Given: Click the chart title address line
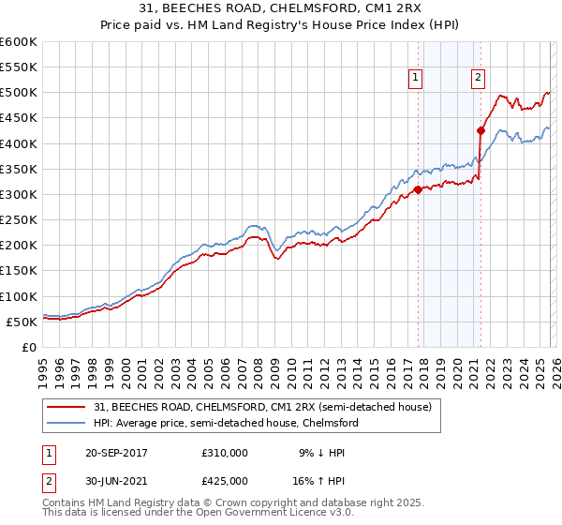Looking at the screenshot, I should tap(281, 9).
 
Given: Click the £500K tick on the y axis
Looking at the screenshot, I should tap(19, 93).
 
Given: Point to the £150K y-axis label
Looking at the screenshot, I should tap(19, 271).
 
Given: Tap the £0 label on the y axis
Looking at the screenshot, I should tap(28, 347).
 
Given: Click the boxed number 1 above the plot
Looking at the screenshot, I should tap(415, 78).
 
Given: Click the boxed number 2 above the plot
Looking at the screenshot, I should tap(478, 78).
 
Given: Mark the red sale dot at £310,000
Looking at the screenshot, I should tap(418, 189).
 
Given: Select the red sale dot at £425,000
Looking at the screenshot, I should tap(481, 131).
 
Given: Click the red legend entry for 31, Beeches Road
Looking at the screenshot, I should tap(262, 407).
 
